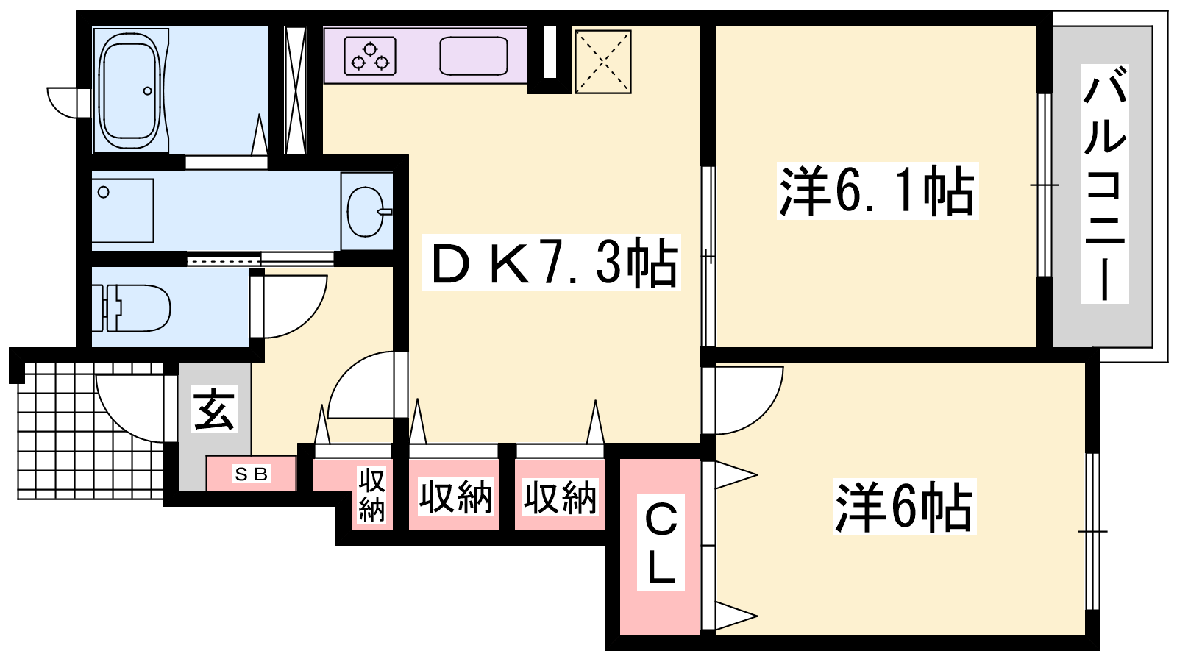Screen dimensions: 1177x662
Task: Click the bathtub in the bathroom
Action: coord(129,90)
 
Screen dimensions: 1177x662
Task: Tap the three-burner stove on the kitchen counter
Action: coord(370,56)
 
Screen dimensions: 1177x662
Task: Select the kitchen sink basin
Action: coord(474,56)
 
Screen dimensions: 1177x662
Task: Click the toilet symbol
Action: coord(132,308)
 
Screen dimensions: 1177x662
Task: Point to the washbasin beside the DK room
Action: coord(366,212)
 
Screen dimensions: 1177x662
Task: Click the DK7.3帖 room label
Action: coord(552,262)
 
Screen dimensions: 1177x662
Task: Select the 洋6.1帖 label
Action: coord(877,191)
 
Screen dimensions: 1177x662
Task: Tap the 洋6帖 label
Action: coord(904,507)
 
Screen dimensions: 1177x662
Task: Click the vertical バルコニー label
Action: coord(1104,184)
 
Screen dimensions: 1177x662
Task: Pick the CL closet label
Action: coord(661,543)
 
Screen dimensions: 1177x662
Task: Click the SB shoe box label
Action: coord(252,474)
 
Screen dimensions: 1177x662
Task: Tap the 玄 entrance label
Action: coord(214,409)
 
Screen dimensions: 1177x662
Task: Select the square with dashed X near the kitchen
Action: coord(602,62)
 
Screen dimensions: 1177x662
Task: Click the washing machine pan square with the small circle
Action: coord(123,210)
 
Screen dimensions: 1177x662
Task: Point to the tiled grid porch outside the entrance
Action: coord(89,431)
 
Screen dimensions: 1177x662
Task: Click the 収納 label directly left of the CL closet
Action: coord(560,496)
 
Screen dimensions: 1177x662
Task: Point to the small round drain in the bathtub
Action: coord(148,91)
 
